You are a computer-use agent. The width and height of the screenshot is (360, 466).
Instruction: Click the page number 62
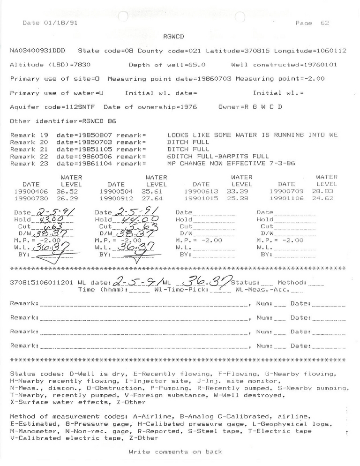(325, 23)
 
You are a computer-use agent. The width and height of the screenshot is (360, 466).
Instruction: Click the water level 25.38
(243, 198)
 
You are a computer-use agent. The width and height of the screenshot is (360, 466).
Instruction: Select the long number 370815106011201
(42, 283)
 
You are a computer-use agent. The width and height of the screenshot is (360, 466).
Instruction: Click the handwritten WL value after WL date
(208, 282)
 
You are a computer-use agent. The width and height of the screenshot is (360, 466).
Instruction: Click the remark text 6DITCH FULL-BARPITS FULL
(218, 156)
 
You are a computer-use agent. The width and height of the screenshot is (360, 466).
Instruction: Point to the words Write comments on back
(175, 452)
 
